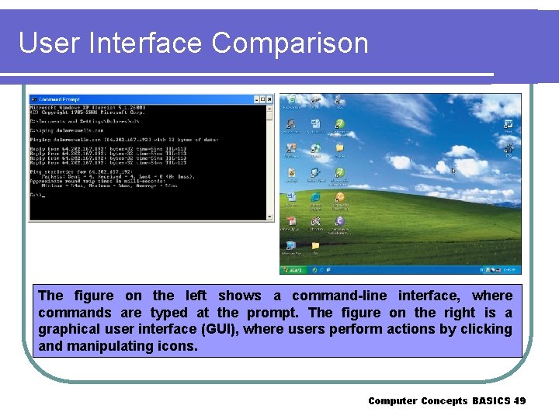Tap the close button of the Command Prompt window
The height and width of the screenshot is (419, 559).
269,99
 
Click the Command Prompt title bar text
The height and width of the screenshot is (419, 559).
61,99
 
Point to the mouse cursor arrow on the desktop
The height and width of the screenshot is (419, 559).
454,171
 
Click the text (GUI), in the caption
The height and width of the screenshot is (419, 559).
225,330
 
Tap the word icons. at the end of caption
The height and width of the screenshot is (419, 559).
179,346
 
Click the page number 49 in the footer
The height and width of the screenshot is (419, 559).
519,401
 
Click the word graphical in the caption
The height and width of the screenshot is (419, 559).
69,330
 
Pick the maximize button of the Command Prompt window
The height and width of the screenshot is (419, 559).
262,99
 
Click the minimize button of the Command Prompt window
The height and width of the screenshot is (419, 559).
255,99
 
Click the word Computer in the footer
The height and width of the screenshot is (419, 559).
392,401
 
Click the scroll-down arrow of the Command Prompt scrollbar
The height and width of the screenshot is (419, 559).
269,218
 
